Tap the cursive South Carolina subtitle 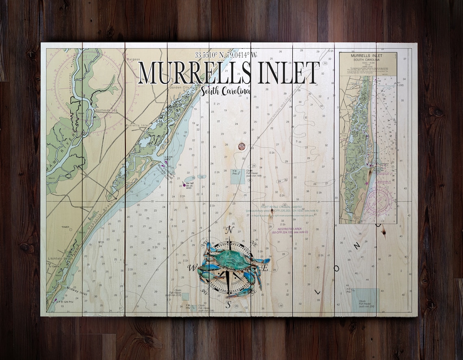(x=225, y=91)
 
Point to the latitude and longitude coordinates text (x=226, y=55)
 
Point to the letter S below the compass (x=229, y=304)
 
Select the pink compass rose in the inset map (x=378, y=202)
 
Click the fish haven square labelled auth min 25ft (x=365, y=299)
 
